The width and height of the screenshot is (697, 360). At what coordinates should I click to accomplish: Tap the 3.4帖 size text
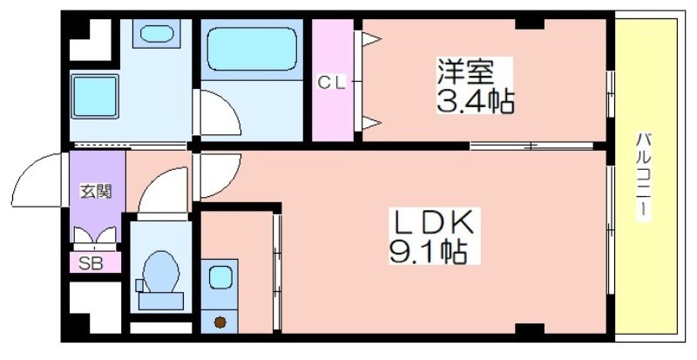coord(475,101)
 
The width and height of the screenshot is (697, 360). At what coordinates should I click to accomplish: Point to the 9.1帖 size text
coord(429,252)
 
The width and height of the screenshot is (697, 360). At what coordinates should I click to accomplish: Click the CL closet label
coord(332,82)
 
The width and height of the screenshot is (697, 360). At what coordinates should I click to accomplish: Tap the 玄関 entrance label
coord(96,192)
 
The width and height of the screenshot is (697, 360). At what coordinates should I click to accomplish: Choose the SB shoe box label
coord(91,264)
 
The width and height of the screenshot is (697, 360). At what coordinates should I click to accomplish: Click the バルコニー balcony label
coord(642,176)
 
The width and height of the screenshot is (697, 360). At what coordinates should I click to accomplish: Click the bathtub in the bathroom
coord(252,49)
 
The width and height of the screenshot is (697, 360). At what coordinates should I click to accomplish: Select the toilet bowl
coord(161,271)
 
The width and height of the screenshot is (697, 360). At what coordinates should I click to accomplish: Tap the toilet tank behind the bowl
coord(161,302)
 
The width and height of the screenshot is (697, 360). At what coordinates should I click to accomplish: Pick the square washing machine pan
coord(95,96)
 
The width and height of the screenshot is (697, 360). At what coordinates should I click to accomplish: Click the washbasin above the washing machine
coord(157,33)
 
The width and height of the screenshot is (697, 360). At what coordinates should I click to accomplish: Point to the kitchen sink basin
coord(220,277)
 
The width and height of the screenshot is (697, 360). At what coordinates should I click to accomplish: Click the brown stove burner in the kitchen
coord(220,322)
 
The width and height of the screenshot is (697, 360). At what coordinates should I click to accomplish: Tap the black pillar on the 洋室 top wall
coord(530,24)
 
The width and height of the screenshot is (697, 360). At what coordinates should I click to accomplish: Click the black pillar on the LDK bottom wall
coord(530,329)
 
